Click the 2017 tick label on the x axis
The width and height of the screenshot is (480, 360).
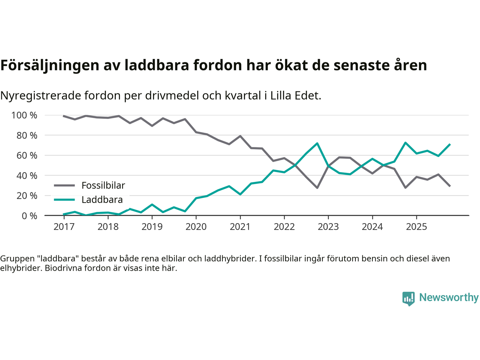(64, 227)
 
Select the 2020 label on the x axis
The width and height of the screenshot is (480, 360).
(196, 227)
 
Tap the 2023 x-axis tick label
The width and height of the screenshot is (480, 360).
(328, 227)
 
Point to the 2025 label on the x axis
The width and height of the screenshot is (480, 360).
(416, 227)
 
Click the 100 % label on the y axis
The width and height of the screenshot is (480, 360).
(24, 115)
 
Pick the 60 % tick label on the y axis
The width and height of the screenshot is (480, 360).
(27, 156)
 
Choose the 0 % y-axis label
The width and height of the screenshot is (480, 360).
(29, 216)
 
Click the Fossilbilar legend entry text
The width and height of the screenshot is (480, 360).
(103, 185)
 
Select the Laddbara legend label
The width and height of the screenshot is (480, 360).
(102, 200)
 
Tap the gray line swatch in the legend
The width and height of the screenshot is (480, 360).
(64, 185)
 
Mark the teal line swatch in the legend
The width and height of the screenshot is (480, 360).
(64, 200)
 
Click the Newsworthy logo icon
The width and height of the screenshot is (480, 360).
(408, 298)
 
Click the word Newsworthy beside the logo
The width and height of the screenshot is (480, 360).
(448, 297)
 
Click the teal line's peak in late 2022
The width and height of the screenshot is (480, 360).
(317, 143)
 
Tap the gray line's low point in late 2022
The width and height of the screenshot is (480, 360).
(317, 187)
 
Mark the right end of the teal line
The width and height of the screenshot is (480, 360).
(450, 144)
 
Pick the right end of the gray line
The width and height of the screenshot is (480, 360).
(450, 186)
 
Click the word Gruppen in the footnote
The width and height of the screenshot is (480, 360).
(15, 258)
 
